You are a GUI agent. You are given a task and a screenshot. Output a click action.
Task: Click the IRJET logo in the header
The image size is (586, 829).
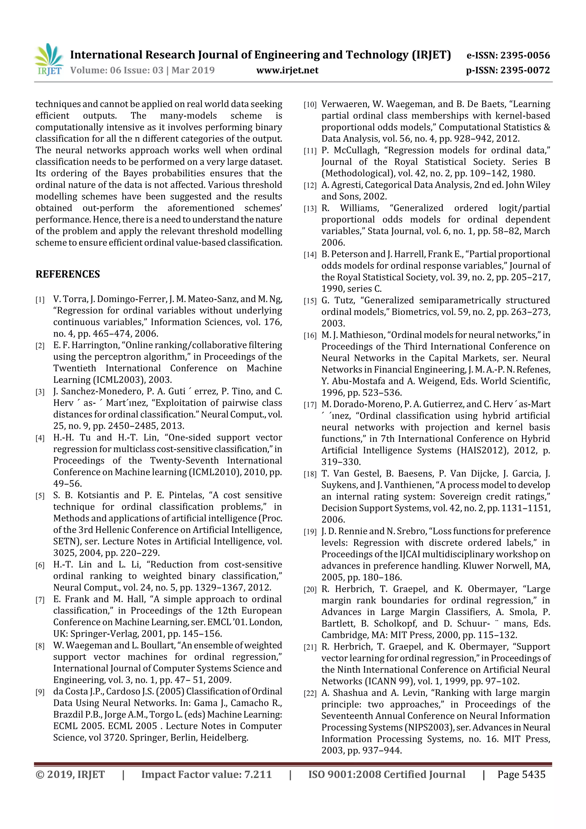pos(48,60)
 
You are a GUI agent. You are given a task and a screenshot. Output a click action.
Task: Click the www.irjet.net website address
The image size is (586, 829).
pos(287,70)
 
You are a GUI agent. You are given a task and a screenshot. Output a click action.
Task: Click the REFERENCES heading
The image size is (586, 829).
pos(68,274)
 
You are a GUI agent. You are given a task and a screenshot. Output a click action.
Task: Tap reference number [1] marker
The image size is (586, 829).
pos(40,300)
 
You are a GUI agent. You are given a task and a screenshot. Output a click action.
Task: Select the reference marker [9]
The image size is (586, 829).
pos(40,692)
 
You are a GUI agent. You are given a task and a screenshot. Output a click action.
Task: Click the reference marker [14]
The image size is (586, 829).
pos(310,255)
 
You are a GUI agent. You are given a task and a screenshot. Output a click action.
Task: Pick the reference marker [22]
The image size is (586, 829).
pos(310,694)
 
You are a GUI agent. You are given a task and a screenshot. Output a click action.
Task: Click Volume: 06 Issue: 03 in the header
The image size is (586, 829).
pos(117,70)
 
